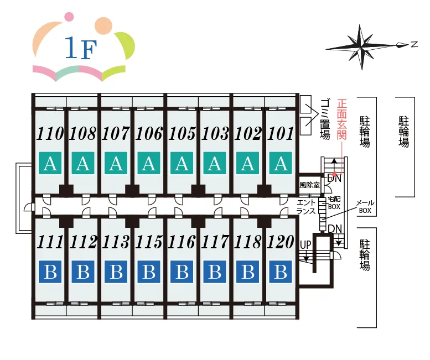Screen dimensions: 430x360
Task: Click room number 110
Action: pos(50,133)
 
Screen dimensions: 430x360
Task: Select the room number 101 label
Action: pos(280,133)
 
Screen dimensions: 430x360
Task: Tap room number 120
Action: pos(280,242)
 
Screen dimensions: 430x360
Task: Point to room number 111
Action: pos(50,242)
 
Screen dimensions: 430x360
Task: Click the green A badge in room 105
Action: pos(182,163)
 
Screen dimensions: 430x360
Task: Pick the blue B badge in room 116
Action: pos(182,272)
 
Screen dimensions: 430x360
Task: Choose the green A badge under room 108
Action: pos(83,163)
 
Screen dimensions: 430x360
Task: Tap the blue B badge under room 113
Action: pos(116,272)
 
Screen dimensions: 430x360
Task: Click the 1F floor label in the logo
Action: pos(81,48)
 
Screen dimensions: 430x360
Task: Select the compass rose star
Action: pos(362,47)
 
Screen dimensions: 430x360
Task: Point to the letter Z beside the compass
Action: pos(414,44)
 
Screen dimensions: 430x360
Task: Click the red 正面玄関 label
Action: pos(342,119)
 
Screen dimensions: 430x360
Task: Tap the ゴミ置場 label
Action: pos(325,119)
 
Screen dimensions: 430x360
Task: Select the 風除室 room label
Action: pos(309,185)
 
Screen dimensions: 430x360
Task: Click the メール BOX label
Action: pos(365,207)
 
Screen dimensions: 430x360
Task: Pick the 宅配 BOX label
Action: pos(334,203)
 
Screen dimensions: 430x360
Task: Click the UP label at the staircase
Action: pos(306,244)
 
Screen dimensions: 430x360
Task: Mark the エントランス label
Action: pos(307,207)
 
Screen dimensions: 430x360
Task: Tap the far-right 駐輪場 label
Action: pos(403,132)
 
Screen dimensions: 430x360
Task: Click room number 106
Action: pos(149,133)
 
